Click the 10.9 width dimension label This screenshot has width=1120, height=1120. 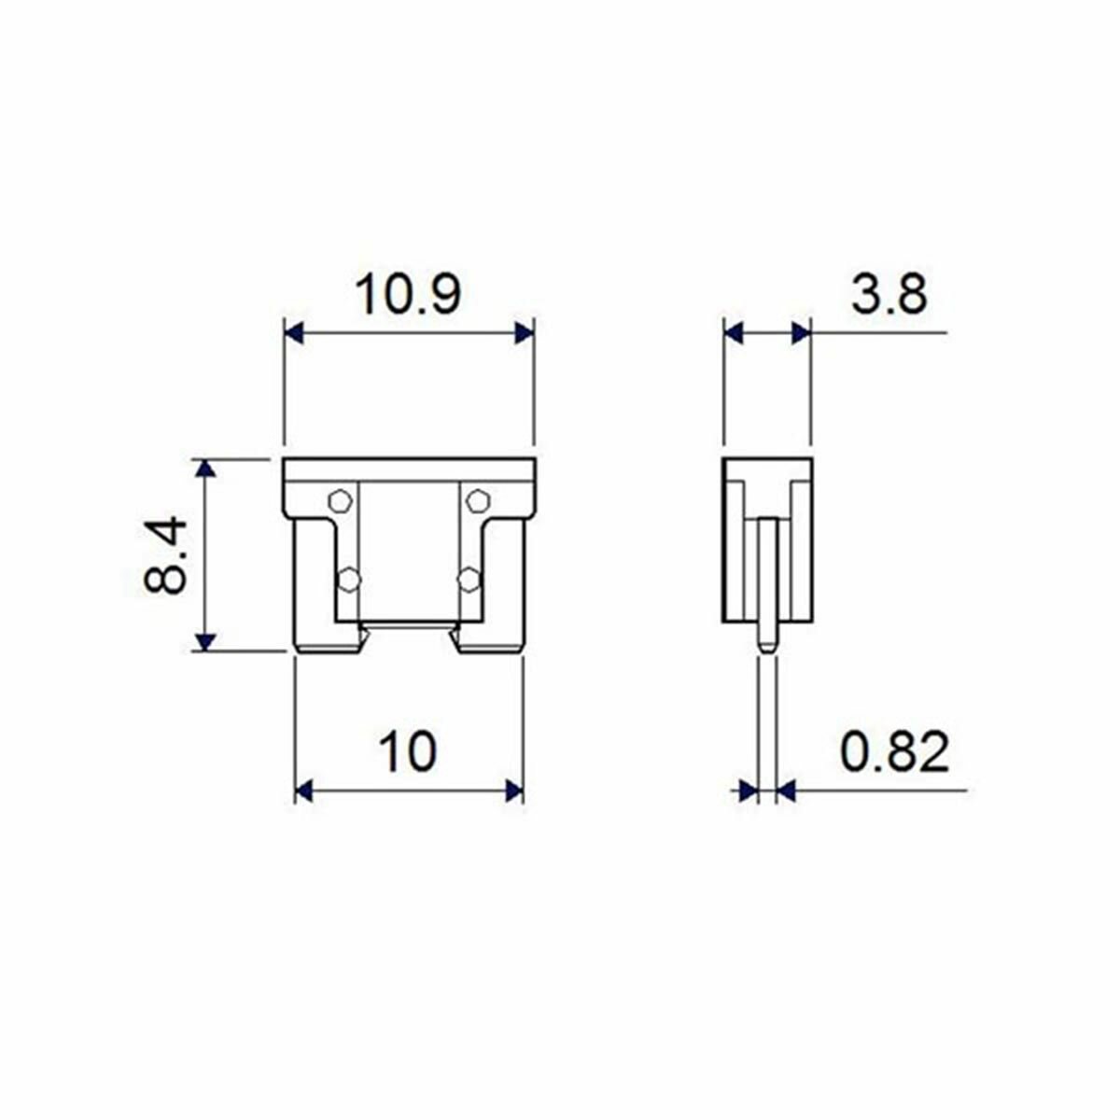click(x=409, y=295)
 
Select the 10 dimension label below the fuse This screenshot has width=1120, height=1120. click(x=408, y=751)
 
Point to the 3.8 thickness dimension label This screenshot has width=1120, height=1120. click(x=889, y=294)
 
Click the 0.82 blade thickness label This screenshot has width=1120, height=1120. click(x=894, y=751)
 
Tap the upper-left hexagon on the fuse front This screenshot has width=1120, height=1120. click(x=340, y=500)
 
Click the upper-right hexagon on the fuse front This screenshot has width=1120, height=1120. click(x=479, y=500)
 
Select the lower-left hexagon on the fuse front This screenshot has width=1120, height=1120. click(x=349, y=580)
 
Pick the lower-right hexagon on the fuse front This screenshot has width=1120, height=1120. click(x=469, y=580)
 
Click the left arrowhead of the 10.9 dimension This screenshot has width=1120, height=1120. click(x=294, y=333)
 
